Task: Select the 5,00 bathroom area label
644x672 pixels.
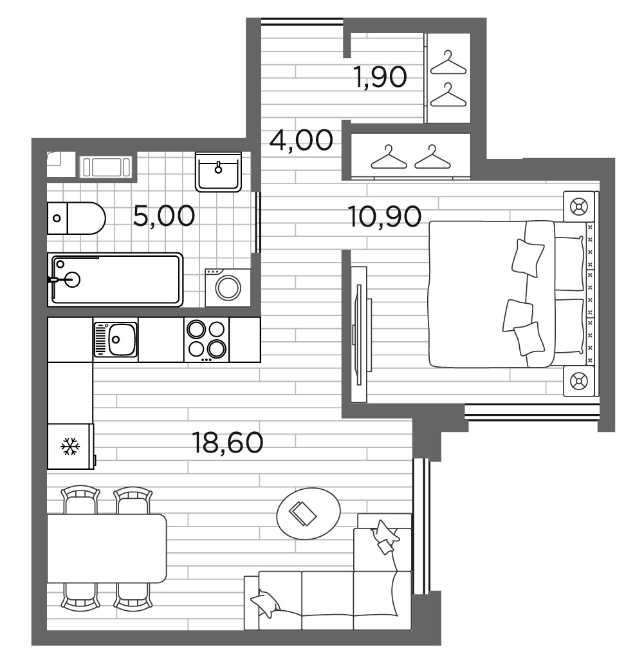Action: pyautogui.click(x=163, y=216)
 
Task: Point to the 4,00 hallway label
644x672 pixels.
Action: pyautogui.click(x=302, y=140)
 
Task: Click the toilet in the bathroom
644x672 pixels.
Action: pyautogui.click(x=76, y=218)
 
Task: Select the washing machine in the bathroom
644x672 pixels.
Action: pyautogui.click(x=228, y=286)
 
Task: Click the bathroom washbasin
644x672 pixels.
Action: pyautogui.click(x=218, y=172)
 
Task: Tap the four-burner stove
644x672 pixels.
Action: pyautogui.click(x=207, y=339)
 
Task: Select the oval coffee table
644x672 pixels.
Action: pyautogui.click(x=308, y=513)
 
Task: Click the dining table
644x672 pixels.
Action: pyautogui.click(x=106, y=548)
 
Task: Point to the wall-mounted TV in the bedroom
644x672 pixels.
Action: pyautogui.click(x=358, y=335)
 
